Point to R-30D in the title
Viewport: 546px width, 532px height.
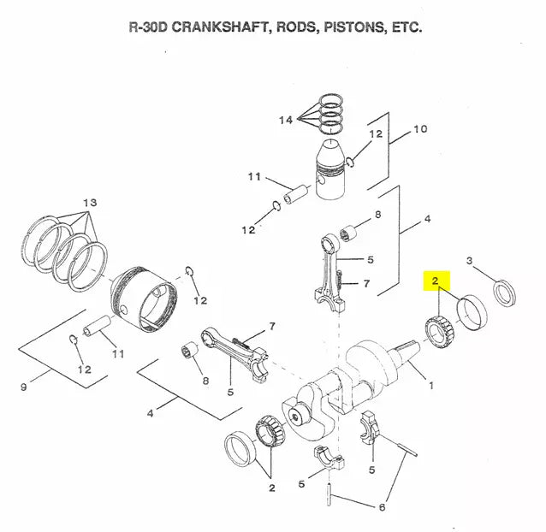pos(149,27)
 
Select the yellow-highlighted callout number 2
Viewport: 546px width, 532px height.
pos(436,281)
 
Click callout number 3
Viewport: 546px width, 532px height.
pos(469,260)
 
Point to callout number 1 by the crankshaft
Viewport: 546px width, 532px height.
pos(431,386)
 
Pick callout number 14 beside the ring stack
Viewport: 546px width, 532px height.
pos(285,121)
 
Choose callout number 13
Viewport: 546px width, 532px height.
pos(90,202)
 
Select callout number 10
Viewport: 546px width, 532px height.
pos(419,129)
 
